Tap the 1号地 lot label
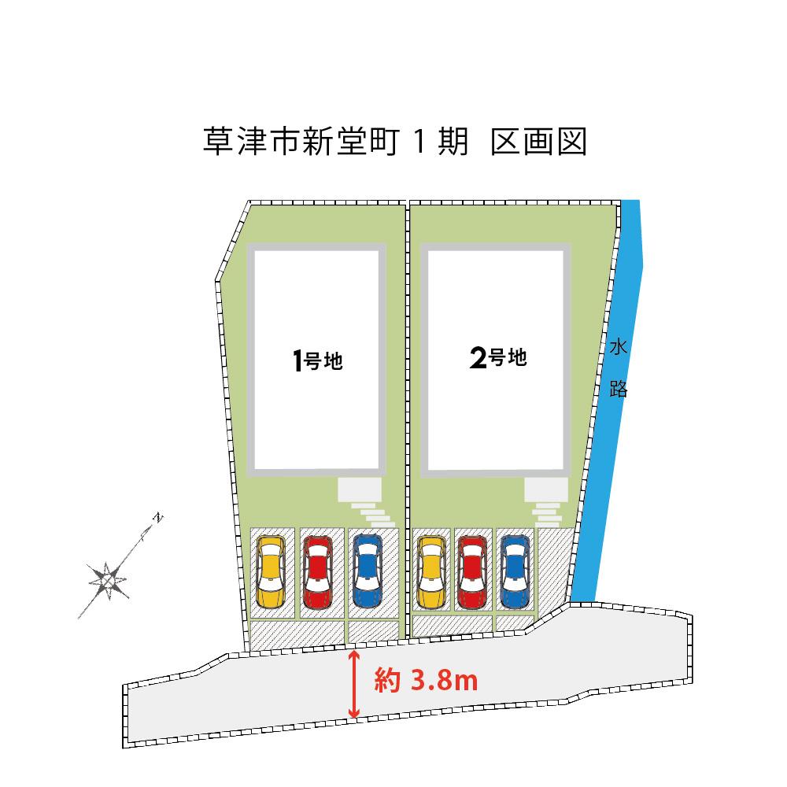[317, 361]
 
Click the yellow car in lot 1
[270, 571]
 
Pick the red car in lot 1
[317, 571]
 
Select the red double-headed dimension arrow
[354, 684]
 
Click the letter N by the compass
[158, 518]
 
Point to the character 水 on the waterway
[618, 345]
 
